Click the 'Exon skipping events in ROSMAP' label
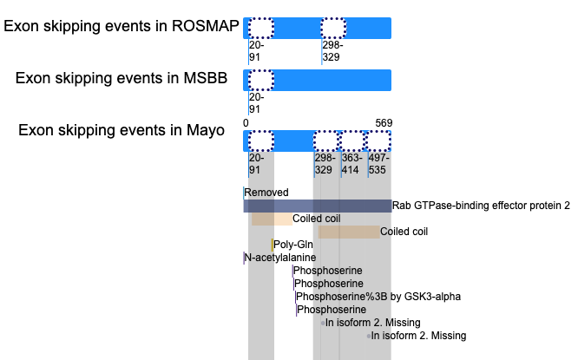(122, 26)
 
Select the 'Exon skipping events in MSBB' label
(122, 78)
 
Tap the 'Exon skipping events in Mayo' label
(122, 130)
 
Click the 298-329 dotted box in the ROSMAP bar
(333, 28)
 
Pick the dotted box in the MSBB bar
(261, 80)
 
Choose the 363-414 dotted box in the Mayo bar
(351, 141)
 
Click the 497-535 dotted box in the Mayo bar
(378, 141)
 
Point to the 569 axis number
(384, 123)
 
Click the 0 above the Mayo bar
(246, 123)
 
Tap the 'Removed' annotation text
(266, 193)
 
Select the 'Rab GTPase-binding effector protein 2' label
(481, 206)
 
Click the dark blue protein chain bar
(318, 206)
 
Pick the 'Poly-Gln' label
(293, 245)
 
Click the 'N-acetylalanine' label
(280, 257)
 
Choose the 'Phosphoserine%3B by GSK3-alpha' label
(378, 297)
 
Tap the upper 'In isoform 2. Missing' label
(372, 323)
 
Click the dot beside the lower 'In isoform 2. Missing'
(369, 336)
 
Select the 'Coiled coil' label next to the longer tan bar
(404, 232)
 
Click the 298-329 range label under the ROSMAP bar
(333, 51)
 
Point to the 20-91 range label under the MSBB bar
(257, 103)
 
